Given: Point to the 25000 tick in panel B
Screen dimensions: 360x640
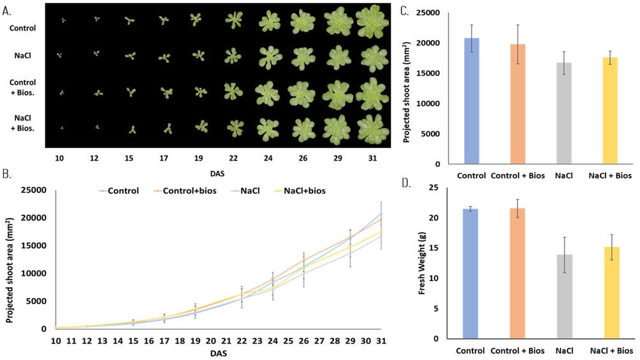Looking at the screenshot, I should pyautogui.click(x=30, y=190).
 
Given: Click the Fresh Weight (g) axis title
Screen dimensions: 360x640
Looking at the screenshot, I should pyautogui.click(x=422, y=263).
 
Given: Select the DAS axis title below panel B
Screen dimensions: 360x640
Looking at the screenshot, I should pyautogui.click(x=219, y=352).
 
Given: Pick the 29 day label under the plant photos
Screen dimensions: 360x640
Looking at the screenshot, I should pyautogui.click(x=338, y=155).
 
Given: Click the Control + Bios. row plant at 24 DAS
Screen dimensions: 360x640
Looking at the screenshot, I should pyautogui.click(x=268, y=92).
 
